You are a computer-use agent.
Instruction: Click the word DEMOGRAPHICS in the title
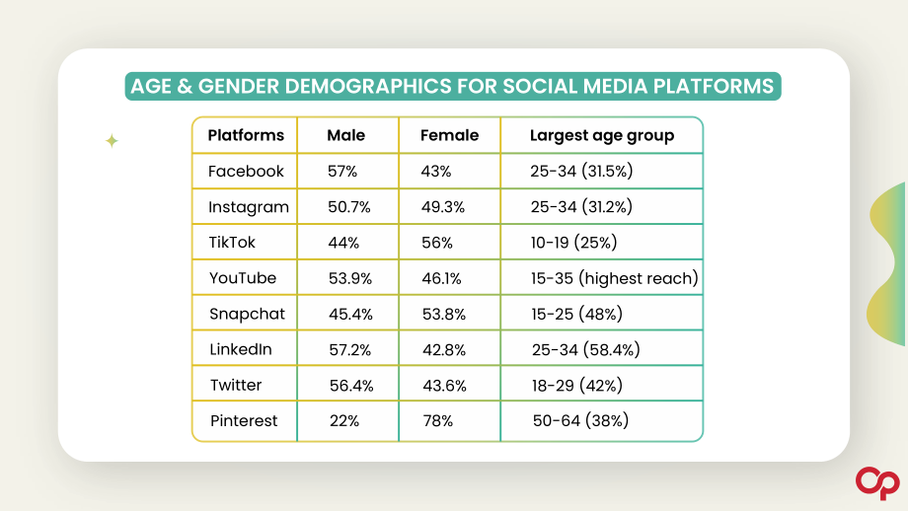pyautogui.click(x=368, y=86)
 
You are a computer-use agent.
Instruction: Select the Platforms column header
pyautogui.click(x=246, y=135)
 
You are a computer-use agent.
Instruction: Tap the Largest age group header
pyautogui.click(x=602, y=136)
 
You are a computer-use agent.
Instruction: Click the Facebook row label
pyautogui.click(x=246, y=171)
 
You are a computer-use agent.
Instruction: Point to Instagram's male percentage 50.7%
pyautogui.click(x=349, y=206)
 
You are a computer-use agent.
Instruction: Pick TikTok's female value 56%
pyautogui.click(x=437, y=243)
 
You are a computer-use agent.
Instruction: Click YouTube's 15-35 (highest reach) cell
pyautogui.click(x=615, y=278)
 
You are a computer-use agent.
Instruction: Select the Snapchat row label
pyautogui.click(x=248, y=314)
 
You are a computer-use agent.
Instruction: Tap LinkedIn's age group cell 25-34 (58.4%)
pyautogui.click(x=586, y=349)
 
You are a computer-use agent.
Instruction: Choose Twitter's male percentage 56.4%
pyautogui.click(x=351, y=386)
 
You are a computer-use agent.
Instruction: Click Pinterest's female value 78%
pyautogui.click(x=438, y=420)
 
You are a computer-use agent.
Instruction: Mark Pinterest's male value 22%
pyautogui.click(x=344, y=420)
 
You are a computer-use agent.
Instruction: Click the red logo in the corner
pyautogui.click(x=877, y=482)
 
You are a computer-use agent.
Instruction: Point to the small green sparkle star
pyautogui.click(x=112, y=141)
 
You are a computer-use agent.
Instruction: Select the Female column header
pyautogui.click(x=449, y=135)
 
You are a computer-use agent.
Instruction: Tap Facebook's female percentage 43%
pyautogui.click(x=436, y=172)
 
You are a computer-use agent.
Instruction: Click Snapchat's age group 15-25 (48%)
pyautogui.click(x=576, y=314)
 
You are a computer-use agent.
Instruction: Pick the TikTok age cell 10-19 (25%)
pyautogui.click(x=573, y=243)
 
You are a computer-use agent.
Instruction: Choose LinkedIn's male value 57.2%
pyautogui.click(x=349, y=349)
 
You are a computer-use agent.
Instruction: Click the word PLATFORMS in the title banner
pyautogui.click(x=714, y=86)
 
